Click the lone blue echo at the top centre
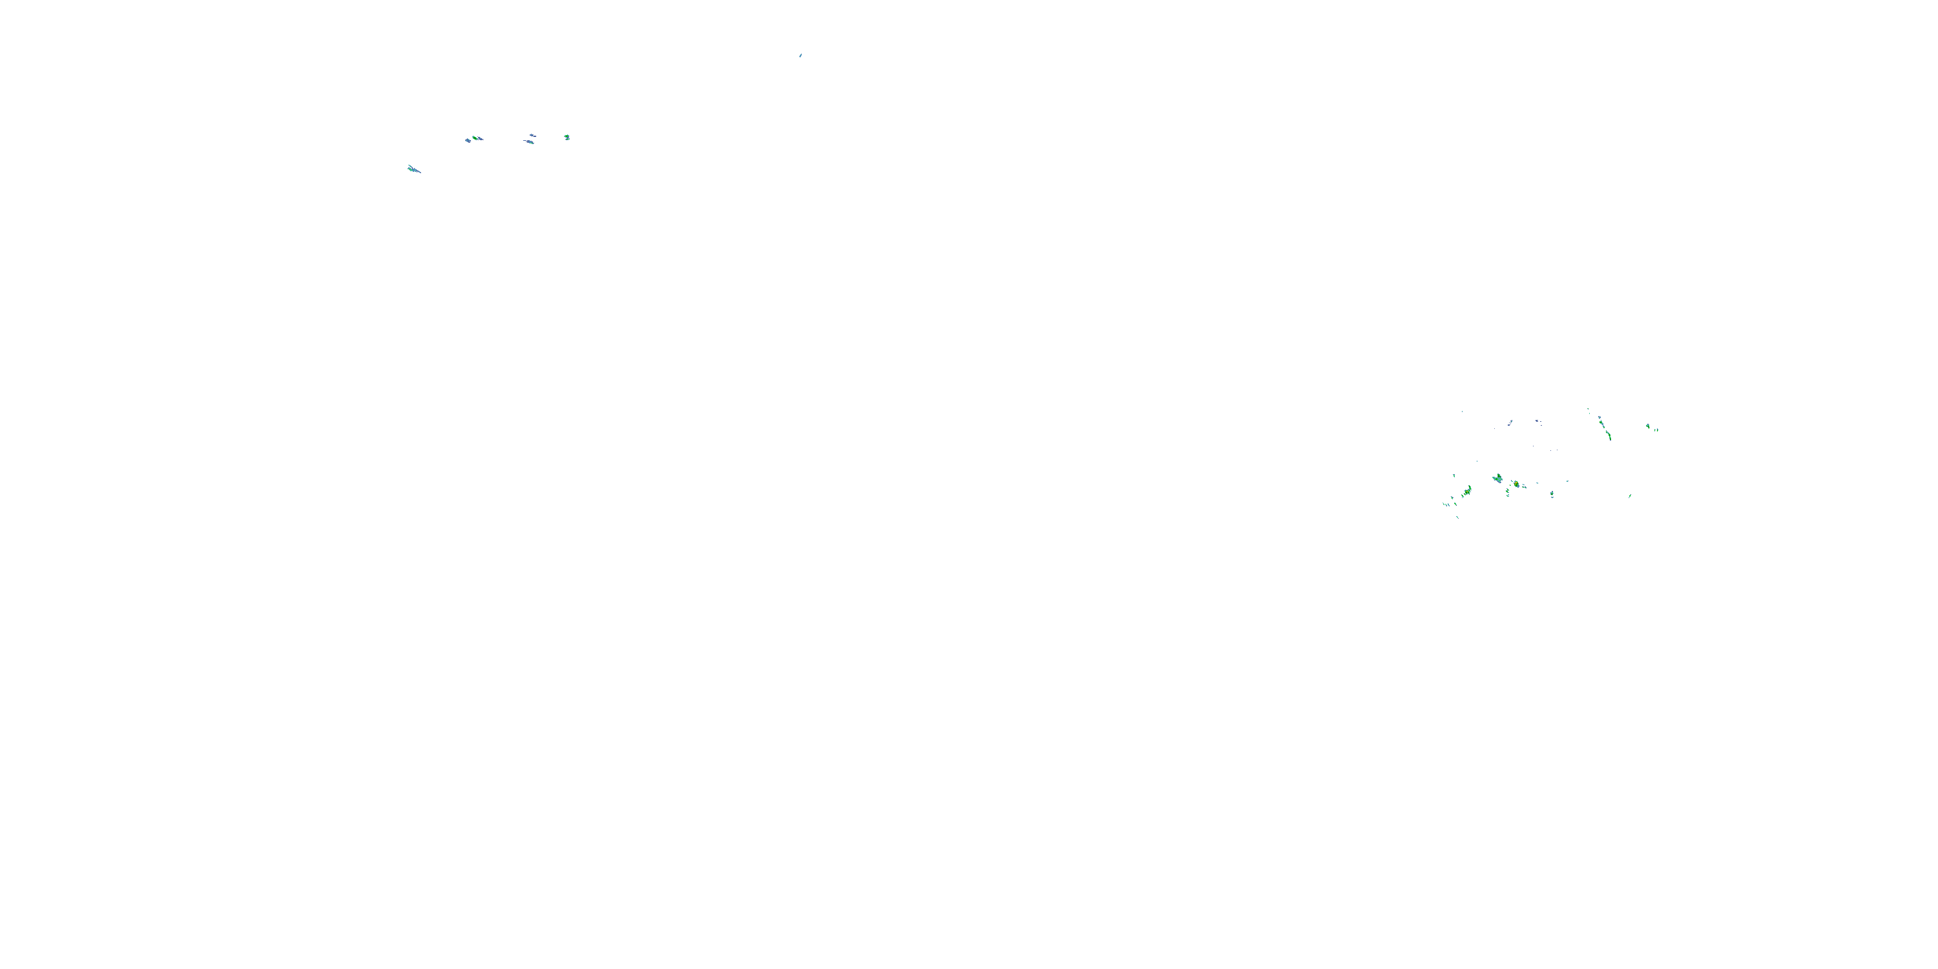coord(800,55)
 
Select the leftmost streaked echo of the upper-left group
coord(413,169)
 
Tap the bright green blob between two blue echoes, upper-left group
coord(474,138)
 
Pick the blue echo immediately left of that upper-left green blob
coord(467,140)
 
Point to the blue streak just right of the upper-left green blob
coord(480,138)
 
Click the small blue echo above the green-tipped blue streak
coord(533,136)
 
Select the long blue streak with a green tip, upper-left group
coord(530,141)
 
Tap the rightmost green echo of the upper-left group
coord(567,137)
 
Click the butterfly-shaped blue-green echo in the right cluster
coord(1498,479)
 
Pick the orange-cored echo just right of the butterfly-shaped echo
coord(1516,484)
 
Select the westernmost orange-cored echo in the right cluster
coord(1467,491)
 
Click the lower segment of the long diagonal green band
coord(1609,435)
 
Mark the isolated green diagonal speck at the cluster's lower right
coord(1630,495)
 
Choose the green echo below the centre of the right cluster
coord(1552,494)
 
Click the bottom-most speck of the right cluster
coord(1457,517)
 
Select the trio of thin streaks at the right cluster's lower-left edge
coord(1446,504)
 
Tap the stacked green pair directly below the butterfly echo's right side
coord(1508,493)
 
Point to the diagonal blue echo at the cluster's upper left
coord(1510,424)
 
